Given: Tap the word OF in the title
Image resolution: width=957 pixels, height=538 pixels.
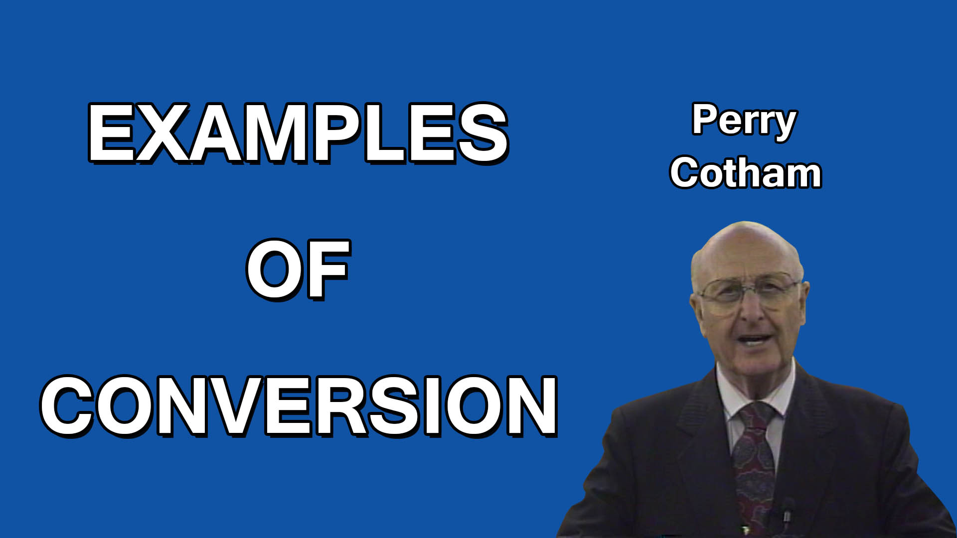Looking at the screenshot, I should [298, 269].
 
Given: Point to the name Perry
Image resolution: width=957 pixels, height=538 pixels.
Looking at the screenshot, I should [744, 121].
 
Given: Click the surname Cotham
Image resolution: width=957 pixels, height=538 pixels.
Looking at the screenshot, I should [745, 173].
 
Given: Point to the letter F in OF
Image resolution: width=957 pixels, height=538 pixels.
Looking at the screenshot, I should [329, 269].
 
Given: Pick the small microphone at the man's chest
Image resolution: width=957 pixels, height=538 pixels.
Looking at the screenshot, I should [786, 513].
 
